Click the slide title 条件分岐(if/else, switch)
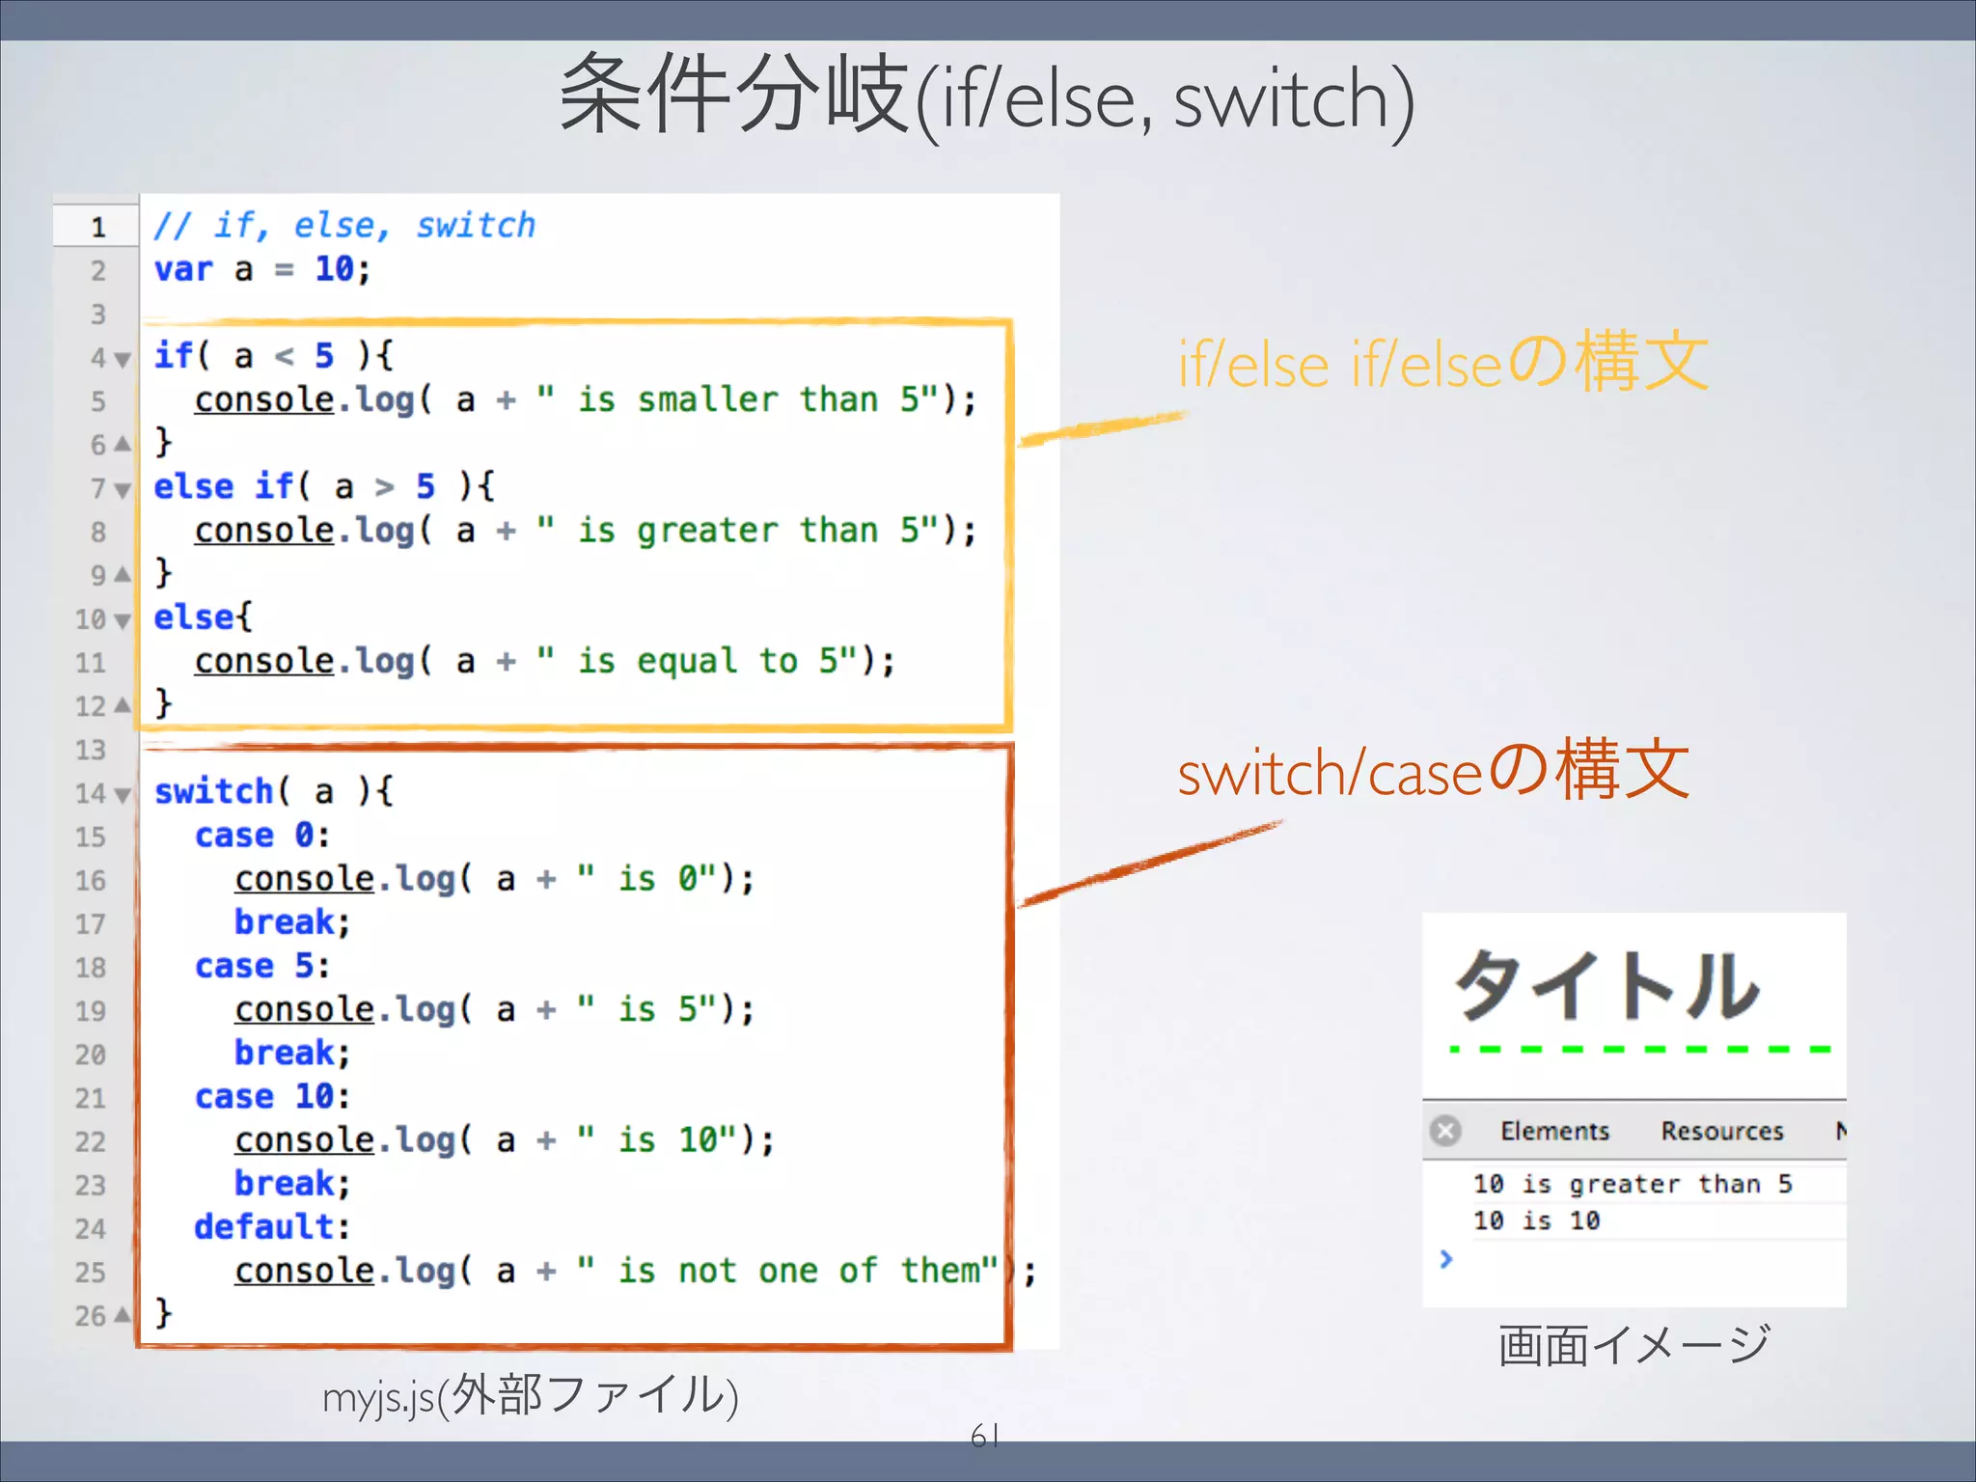(x=986, y=96)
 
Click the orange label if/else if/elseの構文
(x=1442, y=364)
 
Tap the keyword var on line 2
(x=183, y=269)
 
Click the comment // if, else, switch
(x=344, y=226)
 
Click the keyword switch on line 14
(x=214, y=791)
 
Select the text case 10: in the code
(x=272, y=1097)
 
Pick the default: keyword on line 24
(x=271, y=1227)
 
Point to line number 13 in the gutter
(x=91, y=750)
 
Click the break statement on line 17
(x=290, y=922)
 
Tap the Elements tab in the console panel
(x=1554, y=1131)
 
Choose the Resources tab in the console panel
(x=1722, y=1131)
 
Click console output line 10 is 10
(x=1536, y=1221)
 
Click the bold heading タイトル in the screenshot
(x=1605, y=986)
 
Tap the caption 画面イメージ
(x=1634, y=1345)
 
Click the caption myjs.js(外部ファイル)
(x=530, y=1396)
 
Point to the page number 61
(x=984, y=1437)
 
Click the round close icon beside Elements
(x=1445, y=1131)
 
